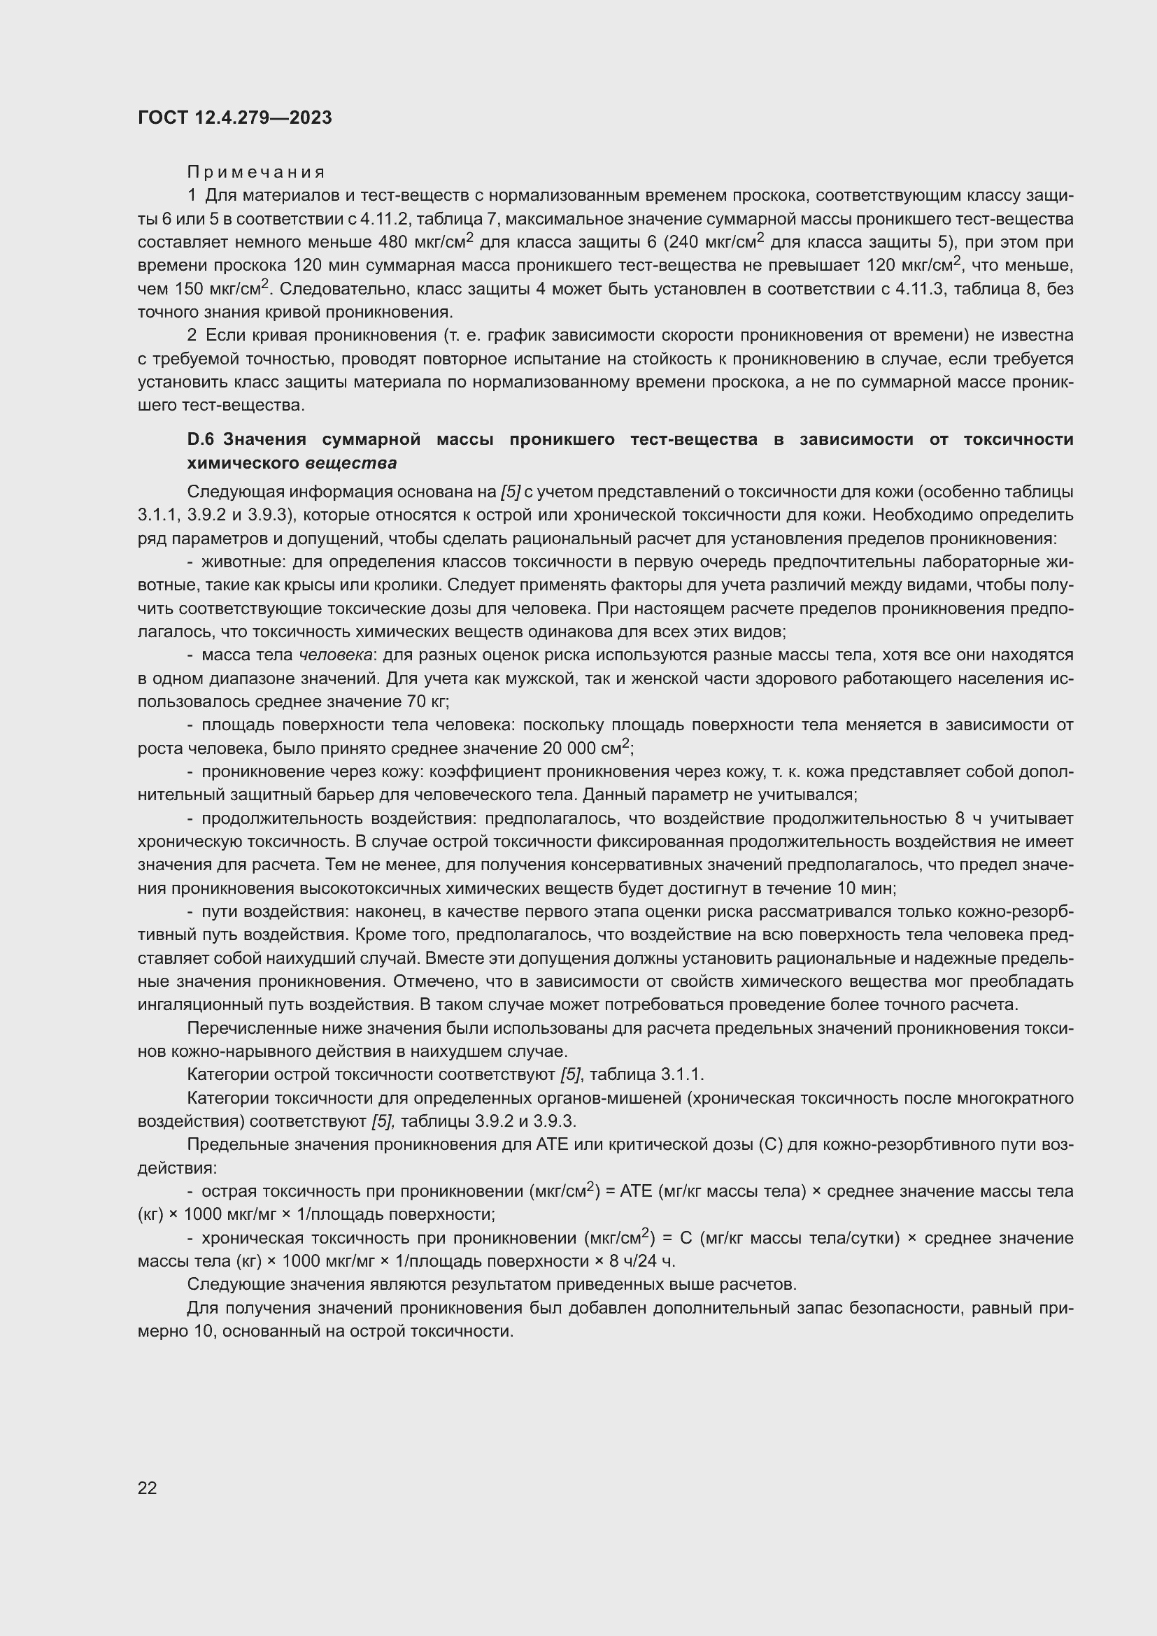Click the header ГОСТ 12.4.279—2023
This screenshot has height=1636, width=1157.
(x=234, y=118)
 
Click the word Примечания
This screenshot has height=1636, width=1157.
(x=256, y=172)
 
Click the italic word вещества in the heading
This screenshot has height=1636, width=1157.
(x=350, y=463)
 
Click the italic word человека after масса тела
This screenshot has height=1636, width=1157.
(x=336, y=655)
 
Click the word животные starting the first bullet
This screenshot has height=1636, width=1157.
(x=243, y=562)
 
